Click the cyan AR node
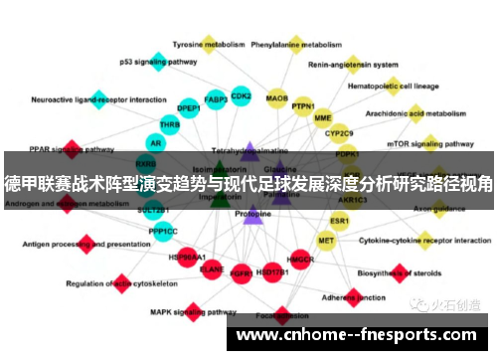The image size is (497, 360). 156,143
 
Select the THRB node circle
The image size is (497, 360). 171,125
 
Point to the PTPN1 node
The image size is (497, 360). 303,106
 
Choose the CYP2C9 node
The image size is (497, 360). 340,133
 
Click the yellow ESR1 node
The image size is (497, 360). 340,220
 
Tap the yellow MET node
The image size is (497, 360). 326,240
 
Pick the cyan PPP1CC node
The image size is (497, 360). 163,231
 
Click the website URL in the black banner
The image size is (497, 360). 359,335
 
